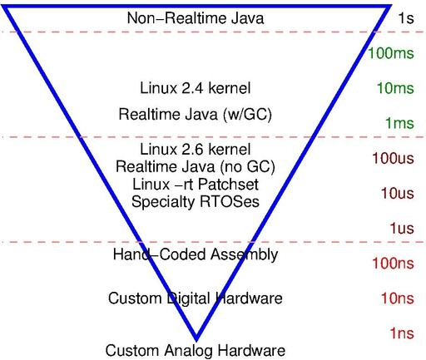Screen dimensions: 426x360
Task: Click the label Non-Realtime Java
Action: [x=196, y=18]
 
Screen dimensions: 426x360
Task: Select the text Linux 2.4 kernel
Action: [x=196, y=88]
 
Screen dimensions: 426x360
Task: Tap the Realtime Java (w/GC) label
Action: [x=196, y=115]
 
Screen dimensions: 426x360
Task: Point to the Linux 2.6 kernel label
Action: [x=196, y=149]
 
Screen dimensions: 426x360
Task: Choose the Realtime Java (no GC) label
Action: [x=196, y=167]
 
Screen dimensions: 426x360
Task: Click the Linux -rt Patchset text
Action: [x=196, y=185]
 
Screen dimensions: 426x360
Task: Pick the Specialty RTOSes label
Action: [x=196, y=202]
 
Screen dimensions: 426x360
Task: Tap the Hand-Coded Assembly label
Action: [x=196, y=254]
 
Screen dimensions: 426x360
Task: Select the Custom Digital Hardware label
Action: [x=196, y=298]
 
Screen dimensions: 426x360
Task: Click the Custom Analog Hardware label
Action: [x=196, y=350]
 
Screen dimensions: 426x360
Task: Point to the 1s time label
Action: [x=406, y=18]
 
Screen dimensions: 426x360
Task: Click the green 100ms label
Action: [x=391, y=53]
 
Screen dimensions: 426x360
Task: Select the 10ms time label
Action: [x=395, y=88]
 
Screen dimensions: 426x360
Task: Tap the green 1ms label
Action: [x=399, y=123]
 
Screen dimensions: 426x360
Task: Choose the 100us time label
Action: [x=394, y=158]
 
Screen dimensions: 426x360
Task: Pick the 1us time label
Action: [x=402, y=229]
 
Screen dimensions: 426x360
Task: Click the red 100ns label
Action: [x=394, y=264]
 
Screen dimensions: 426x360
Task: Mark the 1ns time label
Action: [x=402, y=333]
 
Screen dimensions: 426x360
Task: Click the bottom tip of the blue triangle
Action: [x=196, y=340]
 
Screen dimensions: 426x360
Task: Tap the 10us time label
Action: [x=398, y=193]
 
